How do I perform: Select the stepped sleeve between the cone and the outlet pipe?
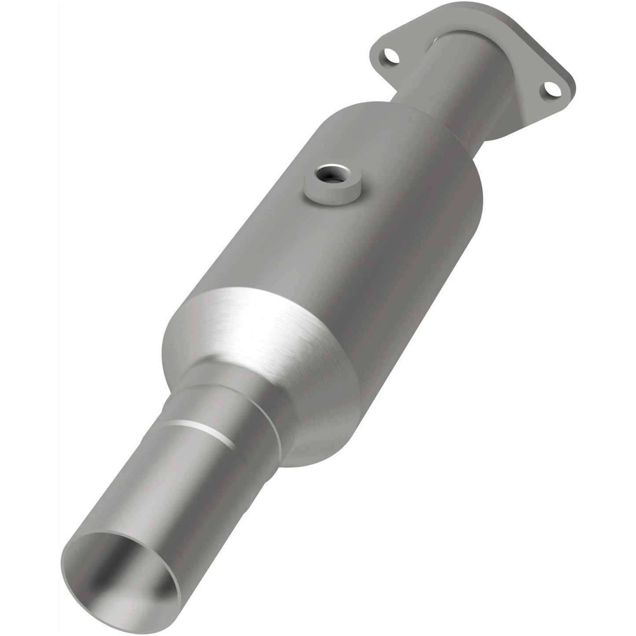coord(229,396)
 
